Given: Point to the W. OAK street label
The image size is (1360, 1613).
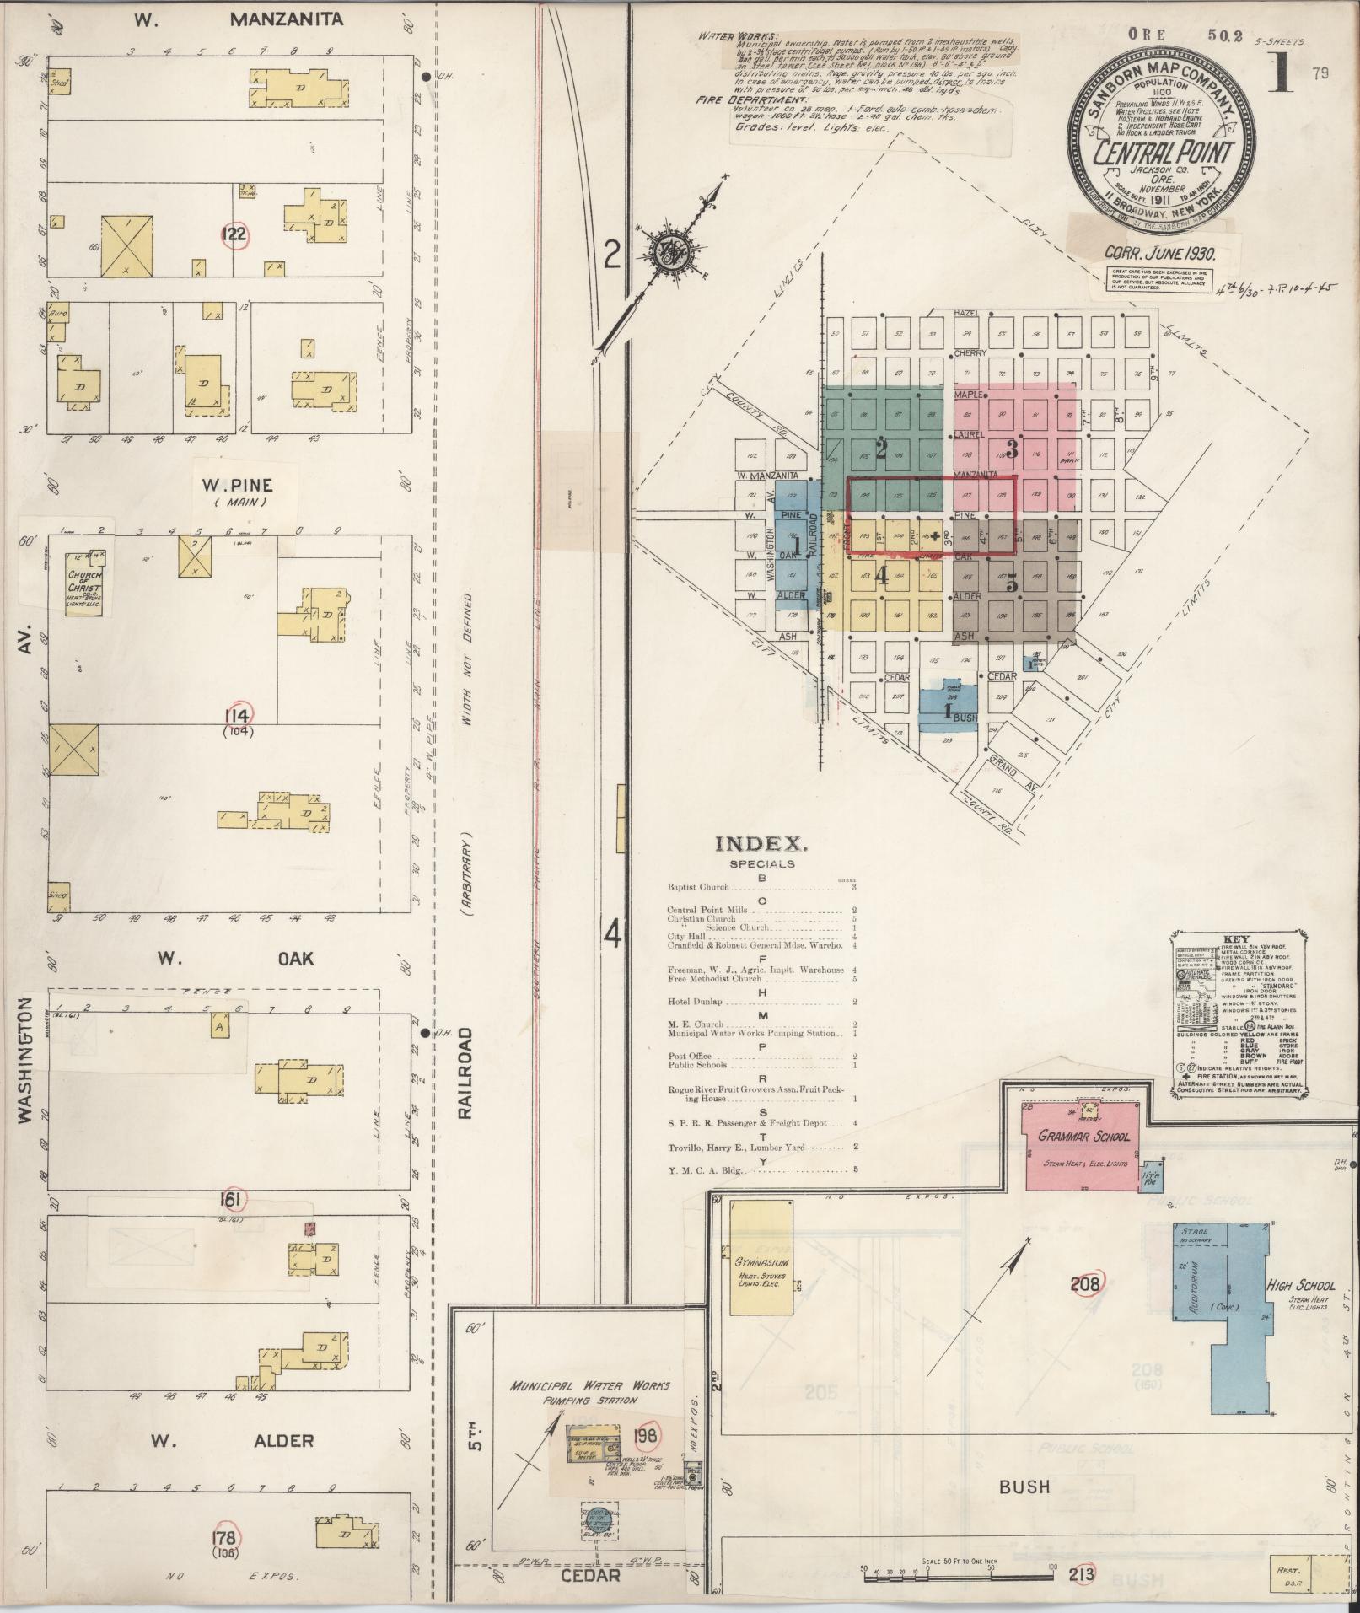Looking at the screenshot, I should coord(233,959).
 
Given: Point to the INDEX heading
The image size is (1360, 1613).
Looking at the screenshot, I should coord(761,843).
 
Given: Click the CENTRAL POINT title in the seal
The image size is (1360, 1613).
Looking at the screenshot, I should coord(1164,154).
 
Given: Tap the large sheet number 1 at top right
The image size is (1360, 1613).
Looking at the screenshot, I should coord(1280,73).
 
